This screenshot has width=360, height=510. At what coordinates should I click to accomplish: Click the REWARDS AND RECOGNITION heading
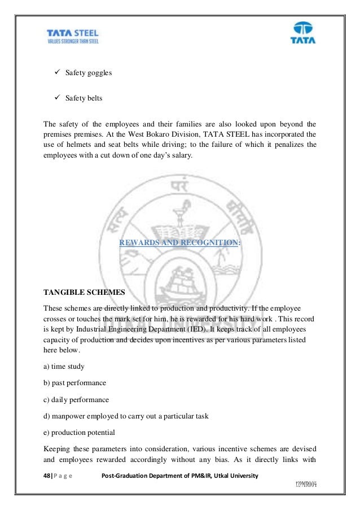179,243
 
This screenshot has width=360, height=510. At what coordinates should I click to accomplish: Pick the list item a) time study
64,366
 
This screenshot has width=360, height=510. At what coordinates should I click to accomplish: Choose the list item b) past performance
74,382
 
